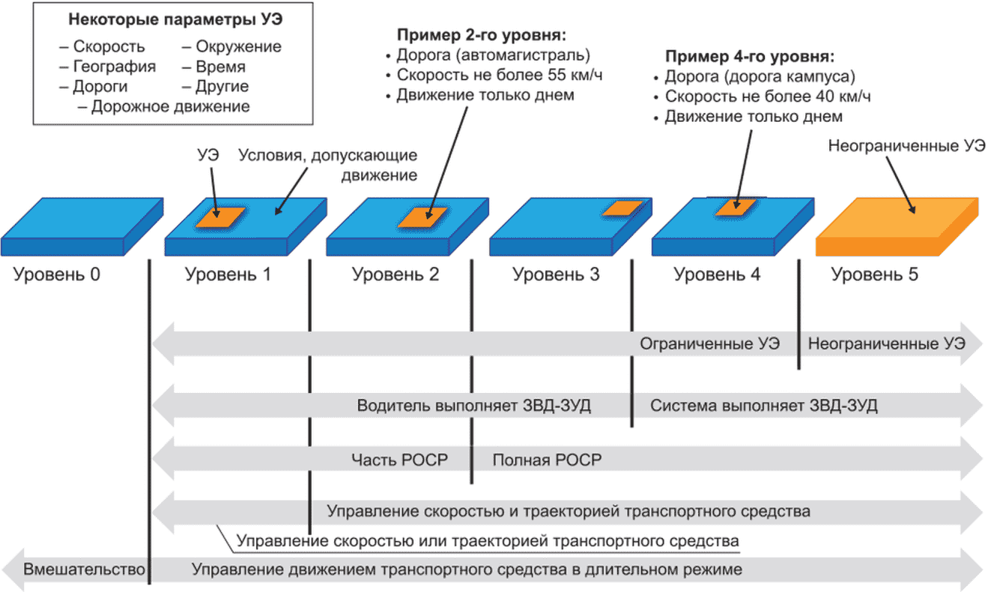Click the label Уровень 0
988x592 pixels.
(x=56, y=275)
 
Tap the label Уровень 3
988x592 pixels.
(x=556, y=275)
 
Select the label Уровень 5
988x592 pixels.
(x=875, y=275)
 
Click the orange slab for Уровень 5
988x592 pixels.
(x=897, y=227)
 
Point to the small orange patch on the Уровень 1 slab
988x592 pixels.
(x=220, y=217)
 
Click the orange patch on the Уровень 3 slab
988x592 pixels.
(x=622, y=208)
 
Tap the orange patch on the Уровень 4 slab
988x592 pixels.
(x=736, y=207)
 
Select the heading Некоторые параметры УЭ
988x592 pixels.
(x=175, y=19)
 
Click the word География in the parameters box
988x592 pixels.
(x=115, y=67)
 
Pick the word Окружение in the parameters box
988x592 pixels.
(x=238, y=46)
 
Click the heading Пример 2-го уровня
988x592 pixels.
(x=481, y=35)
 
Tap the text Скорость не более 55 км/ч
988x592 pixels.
(x=500, y=75)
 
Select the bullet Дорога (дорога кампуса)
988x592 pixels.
(x=760, y=76)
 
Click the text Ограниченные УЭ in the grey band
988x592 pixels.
(x=709, y=344)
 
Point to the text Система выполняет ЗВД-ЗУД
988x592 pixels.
(x=763, y=406)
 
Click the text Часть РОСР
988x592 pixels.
(x=399, y=460)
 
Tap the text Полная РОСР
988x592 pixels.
(x=547, y=460)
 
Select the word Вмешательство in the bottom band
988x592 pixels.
(x=84, y=570)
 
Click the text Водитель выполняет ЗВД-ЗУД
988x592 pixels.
(x=473, y=406)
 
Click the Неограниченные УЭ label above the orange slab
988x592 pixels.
(x=906, y=146)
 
